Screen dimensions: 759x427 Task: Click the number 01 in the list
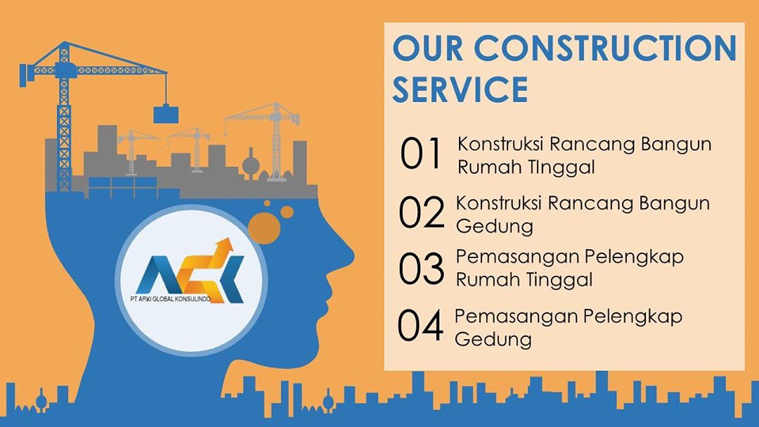[421, 153]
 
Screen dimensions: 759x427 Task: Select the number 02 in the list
[421, 212]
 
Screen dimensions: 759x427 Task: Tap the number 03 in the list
[421, 269]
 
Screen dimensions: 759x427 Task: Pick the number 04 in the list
[420, 325]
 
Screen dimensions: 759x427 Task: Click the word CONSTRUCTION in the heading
[605, 48]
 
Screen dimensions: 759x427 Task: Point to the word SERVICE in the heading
[460, 89]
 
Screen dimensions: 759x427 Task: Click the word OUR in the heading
[428, 48]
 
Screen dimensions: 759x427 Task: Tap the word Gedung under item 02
[494, 227]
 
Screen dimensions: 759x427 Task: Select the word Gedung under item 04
[493, 339]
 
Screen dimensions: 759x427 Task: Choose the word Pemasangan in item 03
[516, 257]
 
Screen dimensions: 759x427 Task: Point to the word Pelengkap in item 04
[632, 317]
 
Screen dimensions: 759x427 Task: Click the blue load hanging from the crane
[166, 115]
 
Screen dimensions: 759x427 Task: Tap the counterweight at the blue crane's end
[23, 75]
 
